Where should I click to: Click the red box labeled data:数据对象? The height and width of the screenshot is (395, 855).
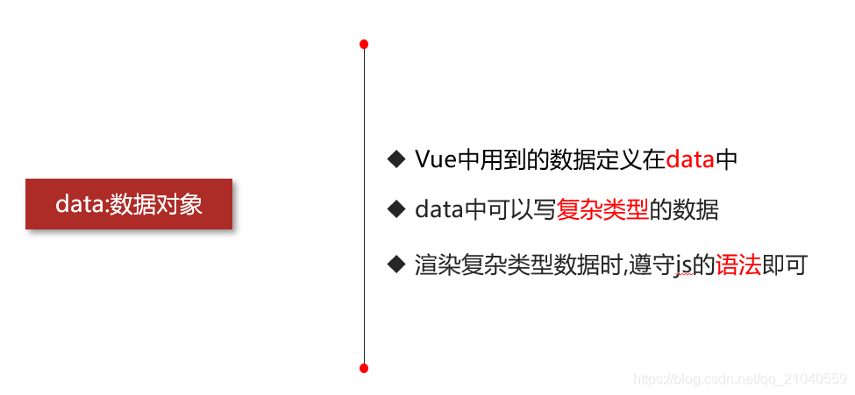[129, 204]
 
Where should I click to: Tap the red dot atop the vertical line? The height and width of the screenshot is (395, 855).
[364, 44]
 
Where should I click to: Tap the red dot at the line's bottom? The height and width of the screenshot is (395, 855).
[364, 368]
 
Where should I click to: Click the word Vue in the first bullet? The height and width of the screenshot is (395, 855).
[430, 159]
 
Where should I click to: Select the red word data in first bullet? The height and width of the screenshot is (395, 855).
[690, 159]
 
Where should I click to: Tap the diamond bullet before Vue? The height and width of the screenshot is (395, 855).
[395, 159]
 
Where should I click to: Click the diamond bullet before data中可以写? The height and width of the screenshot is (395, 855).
[395, 209]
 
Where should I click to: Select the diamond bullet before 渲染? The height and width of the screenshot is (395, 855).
[395, 264]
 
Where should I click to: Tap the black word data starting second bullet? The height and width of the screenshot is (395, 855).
[438, 210]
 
